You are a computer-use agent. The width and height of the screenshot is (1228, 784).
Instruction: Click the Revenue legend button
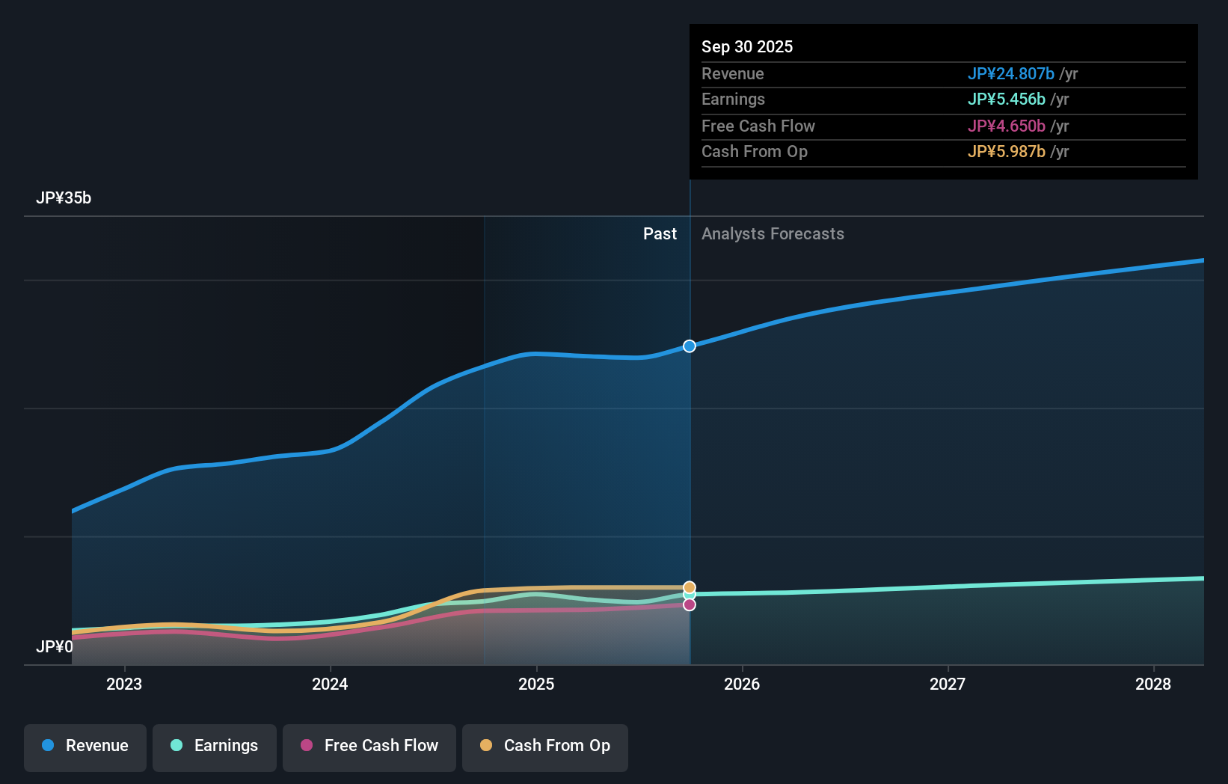click(85, 746)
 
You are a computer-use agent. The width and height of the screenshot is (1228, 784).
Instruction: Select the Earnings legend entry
click(215, 746)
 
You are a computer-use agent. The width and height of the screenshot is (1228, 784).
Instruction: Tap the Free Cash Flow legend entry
click(369, 746)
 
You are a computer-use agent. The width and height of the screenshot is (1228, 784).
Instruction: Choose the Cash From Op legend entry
click(545, 746)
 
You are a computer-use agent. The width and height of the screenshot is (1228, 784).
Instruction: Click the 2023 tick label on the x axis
click(124, 684)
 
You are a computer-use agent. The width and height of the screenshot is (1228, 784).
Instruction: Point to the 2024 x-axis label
click(330, 684)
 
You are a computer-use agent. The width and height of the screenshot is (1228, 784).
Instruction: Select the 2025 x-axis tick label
click(536, 684)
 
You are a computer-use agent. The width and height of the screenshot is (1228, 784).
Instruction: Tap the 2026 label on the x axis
click(742, 684)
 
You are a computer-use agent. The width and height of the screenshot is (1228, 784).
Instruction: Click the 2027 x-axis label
click(948, 684)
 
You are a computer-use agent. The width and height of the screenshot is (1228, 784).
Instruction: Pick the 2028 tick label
click(1153, 684)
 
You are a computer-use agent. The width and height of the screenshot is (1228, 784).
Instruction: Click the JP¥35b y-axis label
click(64, 198)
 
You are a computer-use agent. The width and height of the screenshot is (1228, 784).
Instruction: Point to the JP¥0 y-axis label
click(55, 646)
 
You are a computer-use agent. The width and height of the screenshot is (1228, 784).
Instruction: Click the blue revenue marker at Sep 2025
click(690, 346)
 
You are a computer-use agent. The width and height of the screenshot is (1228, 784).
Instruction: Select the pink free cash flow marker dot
click(690, 604)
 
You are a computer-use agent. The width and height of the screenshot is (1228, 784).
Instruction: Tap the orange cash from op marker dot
click(690, 587)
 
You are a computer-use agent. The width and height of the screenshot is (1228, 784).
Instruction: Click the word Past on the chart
click(660, 234)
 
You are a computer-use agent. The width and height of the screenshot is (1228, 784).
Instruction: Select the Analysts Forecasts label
click(773, 234)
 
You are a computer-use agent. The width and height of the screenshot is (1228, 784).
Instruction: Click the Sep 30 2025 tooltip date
click(747, 46)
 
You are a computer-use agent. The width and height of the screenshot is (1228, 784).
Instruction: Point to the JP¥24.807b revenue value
click(1010, 73)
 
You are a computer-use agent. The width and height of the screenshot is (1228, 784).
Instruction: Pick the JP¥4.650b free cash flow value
click(1006, 126)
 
